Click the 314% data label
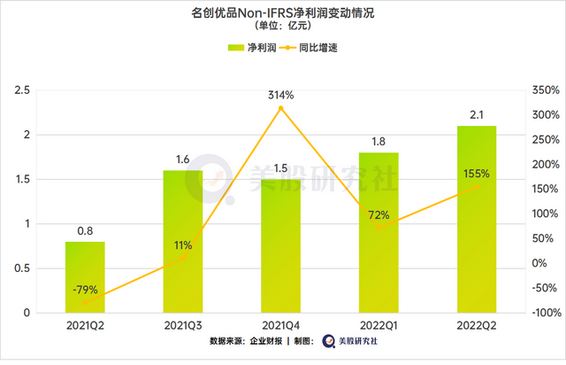coord(281,95)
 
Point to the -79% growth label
coord(85,289)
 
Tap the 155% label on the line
coord(478,175)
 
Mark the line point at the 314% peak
coord(281,108)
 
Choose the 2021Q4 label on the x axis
coord(281,325)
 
